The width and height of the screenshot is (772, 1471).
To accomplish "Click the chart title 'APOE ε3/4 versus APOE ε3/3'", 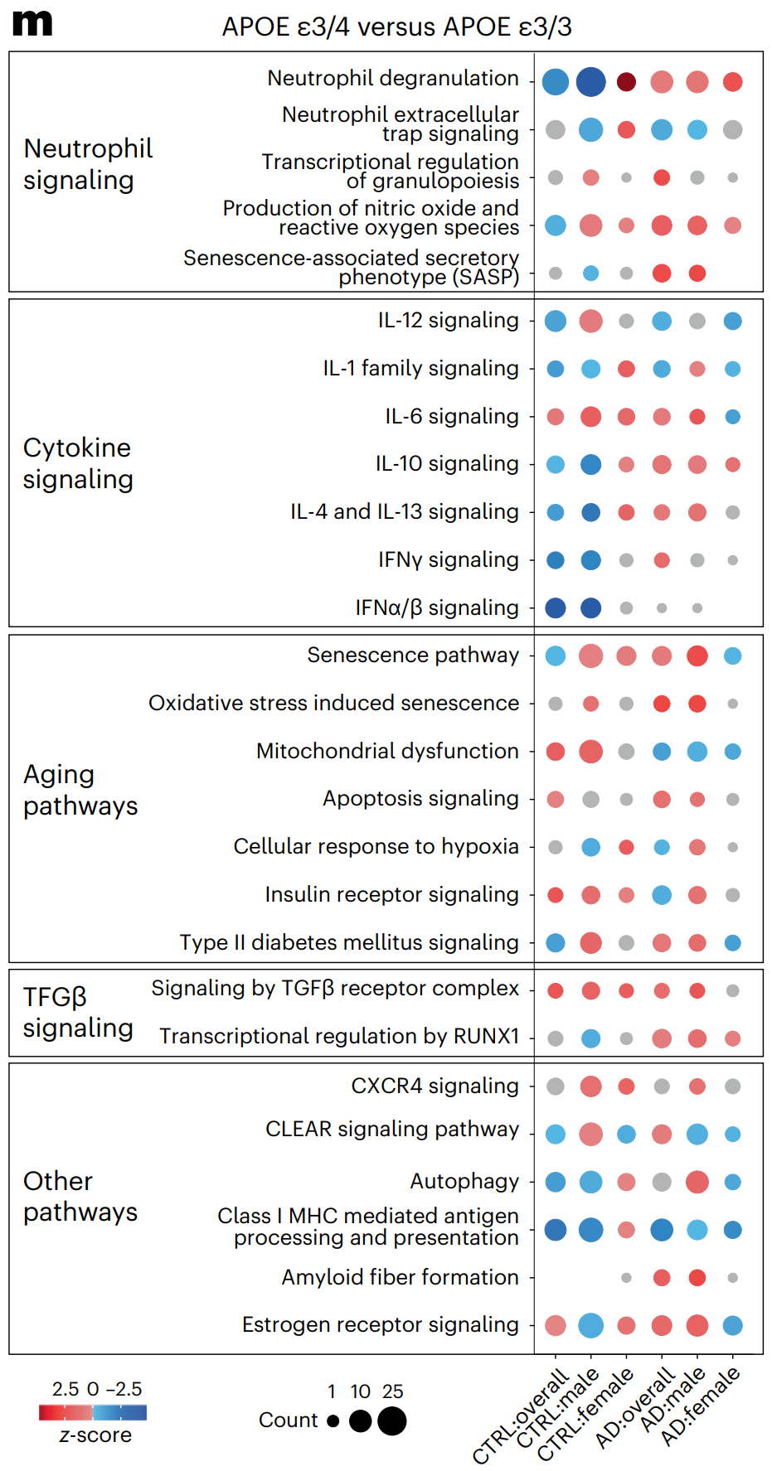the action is pyautogui.click(x=396, y=27).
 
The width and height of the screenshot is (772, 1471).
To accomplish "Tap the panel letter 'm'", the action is pyautogui.click(x=32, y=23).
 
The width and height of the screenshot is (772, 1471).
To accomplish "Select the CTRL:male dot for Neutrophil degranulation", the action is pyautogui.click(x=590, y=82).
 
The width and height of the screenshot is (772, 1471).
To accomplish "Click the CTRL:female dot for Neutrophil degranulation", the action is pyautogui.click(x=626, y=82).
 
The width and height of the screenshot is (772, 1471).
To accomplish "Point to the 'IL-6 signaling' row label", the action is pyautogui.click(x=451, y=416).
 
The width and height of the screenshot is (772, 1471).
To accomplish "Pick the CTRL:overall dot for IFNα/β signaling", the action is pyautogui.click(x=556, y=607).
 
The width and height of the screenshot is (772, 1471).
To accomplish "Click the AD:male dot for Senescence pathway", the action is pyautogui.click(x=697, y=656).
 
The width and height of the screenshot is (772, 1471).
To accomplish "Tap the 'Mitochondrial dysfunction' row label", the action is pyautogui.click(x=387, y=751).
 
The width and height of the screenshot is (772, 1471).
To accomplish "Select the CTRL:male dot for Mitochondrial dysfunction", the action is pyautogui.click(x=590, y=752).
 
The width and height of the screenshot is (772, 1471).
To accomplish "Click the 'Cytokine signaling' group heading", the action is pyautogui.click(x=78, y=463).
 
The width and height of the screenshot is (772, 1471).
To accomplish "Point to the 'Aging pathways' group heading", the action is pyautogui.click(x=80, y=790).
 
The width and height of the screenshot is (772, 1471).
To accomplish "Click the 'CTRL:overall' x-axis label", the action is pyautogui.click(x=521, y=1416).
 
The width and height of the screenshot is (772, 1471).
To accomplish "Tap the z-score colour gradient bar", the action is pyautogui.click(x=93, y=1413).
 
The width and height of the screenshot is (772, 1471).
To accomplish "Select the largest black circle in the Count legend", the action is pyautogui.click(x=392, y=1420).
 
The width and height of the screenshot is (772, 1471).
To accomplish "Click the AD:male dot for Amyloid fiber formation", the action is pyautogui.click(x=697, y=1277).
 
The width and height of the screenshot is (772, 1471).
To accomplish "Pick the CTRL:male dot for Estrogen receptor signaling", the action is pyautogui.click(x=590, y=1325).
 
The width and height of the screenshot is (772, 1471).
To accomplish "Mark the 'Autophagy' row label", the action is pyautogui.click(x=464, y=1182).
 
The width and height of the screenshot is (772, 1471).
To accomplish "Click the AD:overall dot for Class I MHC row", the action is pyautogui.click(x=662, y=1230).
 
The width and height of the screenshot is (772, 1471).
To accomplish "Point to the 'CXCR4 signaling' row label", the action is pyautogui.click(x=435, y=1086).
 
